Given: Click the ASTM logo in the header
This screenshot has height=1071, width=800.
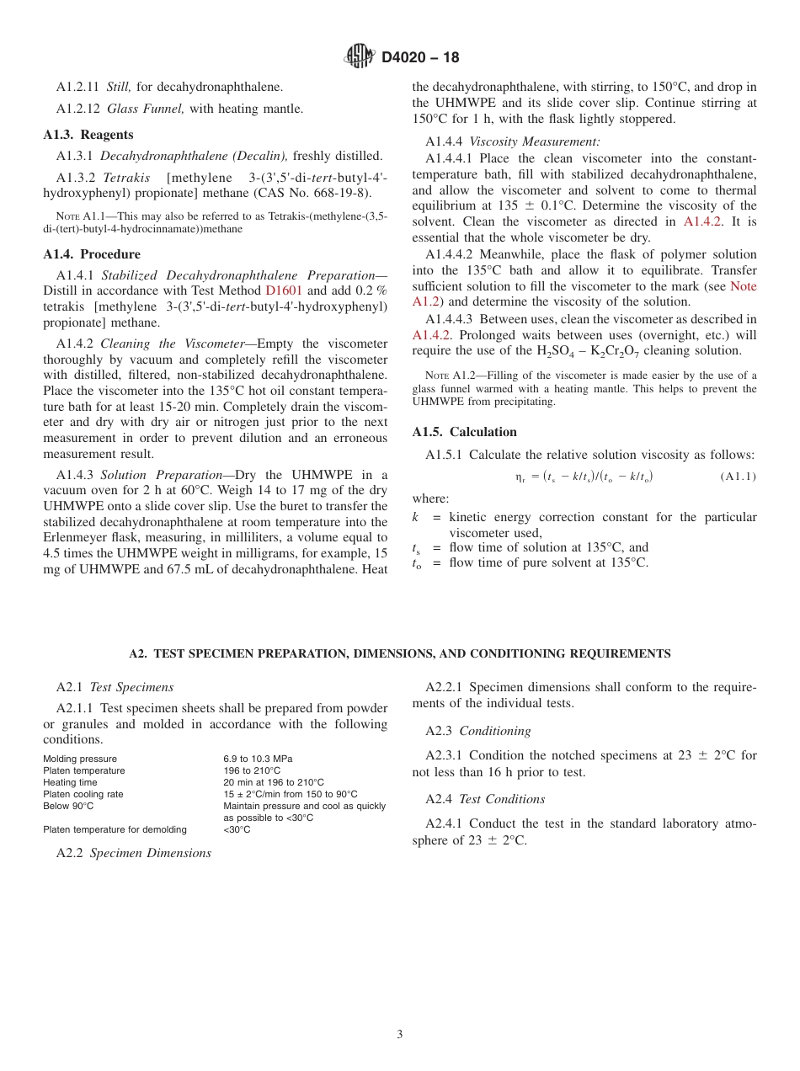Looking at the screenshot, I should coord(360,56).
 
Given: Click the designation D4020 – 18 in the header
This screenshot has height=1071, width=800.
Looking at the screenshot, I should coord(420,57).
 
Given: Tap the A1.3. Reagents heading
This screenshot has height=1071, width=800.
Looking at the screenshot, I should coord(88,135).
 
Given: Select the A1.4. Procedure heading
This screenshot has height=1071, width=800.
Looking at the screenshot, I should coord(92,254).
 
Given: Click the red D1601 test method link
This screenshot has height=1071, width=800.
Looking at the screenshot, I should coord(284,291).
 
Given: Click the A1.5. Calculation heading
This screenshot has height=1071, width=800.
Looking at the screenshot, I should coord(464,432).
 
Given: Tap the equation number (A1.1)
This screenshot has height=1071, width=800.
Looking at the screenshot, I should coord(738,477).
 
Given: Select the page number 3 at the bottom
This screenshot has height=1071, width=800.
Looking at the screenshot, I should coord(400,1035).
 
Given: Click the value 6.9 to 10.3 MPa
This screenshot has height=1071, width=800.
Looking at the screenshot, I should coord(258,759).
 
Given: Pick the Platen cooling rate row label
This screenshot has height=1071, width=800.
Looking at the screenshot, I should coord(83,795).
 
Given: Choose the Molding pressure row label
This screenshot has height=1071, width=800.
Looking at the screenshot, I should coord(80,759).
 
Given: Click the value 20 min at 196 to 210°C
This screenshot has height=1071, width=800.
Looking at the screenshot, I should coord(273,783).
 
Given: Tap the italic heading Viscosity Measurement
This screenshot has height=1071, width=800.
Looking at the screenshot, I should coord(535,142).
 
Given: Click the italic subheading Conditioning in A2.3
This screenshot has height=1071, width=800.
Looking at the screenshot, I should coord(495,731).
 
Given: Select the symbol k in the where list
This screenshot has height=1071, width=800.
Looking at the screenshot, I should coord(415,517).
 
